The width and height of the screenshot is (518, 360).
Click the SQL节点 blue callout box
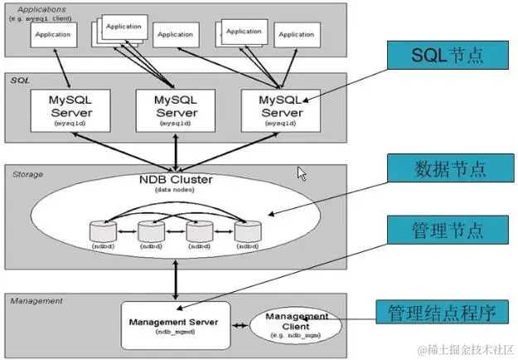pos(446,56)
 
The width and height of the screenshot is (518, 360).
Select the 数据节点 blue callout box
pos(446,171)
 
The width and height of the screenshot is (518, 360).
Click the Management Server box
pos(175,324)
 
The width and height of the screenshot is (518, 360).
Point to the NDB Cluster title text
pos(175,180)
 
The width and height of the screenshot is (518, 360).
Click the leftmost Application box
pos(54,35)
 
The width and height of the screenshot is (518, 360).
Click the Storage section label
pos(28,174)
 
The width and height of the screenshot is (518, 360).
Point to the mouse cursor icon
pos(302,173)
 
